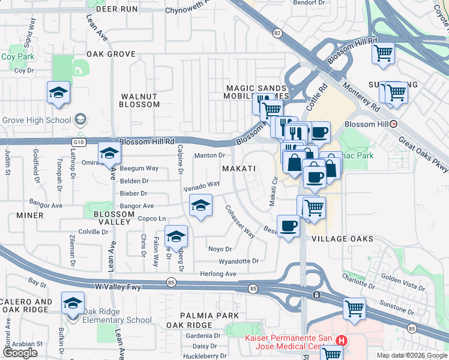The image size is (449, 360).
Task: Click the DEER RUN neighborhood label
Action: pyautogui.click(x=116, y=9)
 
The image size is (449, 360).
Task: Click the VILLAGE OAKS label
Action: pyautogui.click(x=342, y=239)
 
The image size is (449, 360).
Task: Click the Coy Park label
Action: pyautogui.click(x=17, y=57)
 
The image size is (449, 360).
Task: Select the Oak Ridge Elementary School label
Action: pyautogui.click(x=117, y=320)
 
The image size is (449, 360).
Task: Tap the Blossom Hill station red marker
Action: pyautogui.click(x=393, y=124)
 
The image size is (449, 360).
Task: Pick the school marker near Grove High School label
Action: pyautogui.click(x=58, y=94)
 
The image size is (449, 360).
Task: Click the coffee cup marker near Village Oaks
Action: pyautogui.click(x=289, y=227)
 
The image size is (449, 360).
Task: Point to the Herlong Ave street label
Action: pyautogui.click(x=218, y=274)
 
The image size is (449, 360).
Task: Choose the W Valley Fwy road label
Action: pyautogui.click(x=118, y=287)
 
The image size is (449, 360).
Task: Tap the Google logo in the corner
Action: pyautogui.click(x=20, y=353)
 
